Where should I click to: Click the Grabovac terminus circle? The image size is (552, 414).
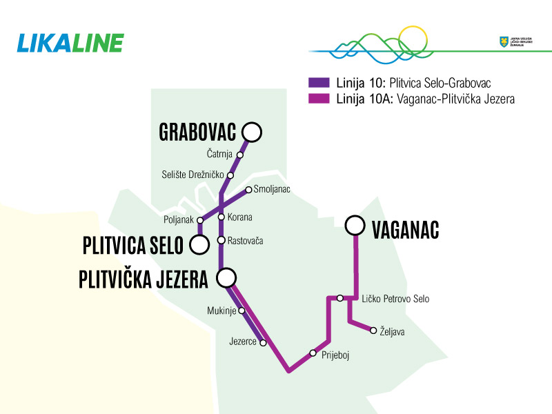click(252, 131)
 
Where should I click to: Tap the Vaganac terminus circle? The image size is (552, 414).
click(355, 225)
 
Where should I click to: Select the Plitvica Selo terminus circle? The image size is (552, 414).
click(200, 244)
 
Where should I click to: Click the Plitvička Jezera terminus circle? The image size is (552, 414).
click(226, 278)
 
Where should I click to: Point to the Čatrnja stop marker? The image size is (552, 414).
click(240, 155)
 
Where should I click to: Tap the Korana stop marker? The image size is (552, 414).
click(221, 217)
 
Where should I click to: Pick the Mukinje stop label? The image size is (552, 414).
click(221, 310)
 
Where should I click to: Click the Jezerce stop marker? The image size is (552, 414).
click(263, 342)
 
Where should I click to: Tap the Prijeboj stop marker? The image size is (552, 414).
click(313, 353)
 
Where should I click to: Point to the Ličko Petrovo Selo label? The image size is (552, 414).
click(395, 299)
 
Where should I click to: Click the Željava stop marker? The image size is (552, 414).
click(373, 331)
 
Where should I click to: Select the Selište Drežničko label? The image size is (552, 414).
click(193, 174)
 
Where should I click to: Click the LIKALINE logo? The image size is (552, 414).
click(70, 43)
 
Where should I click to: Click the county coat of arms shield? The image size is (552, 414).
click(503, 42)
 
